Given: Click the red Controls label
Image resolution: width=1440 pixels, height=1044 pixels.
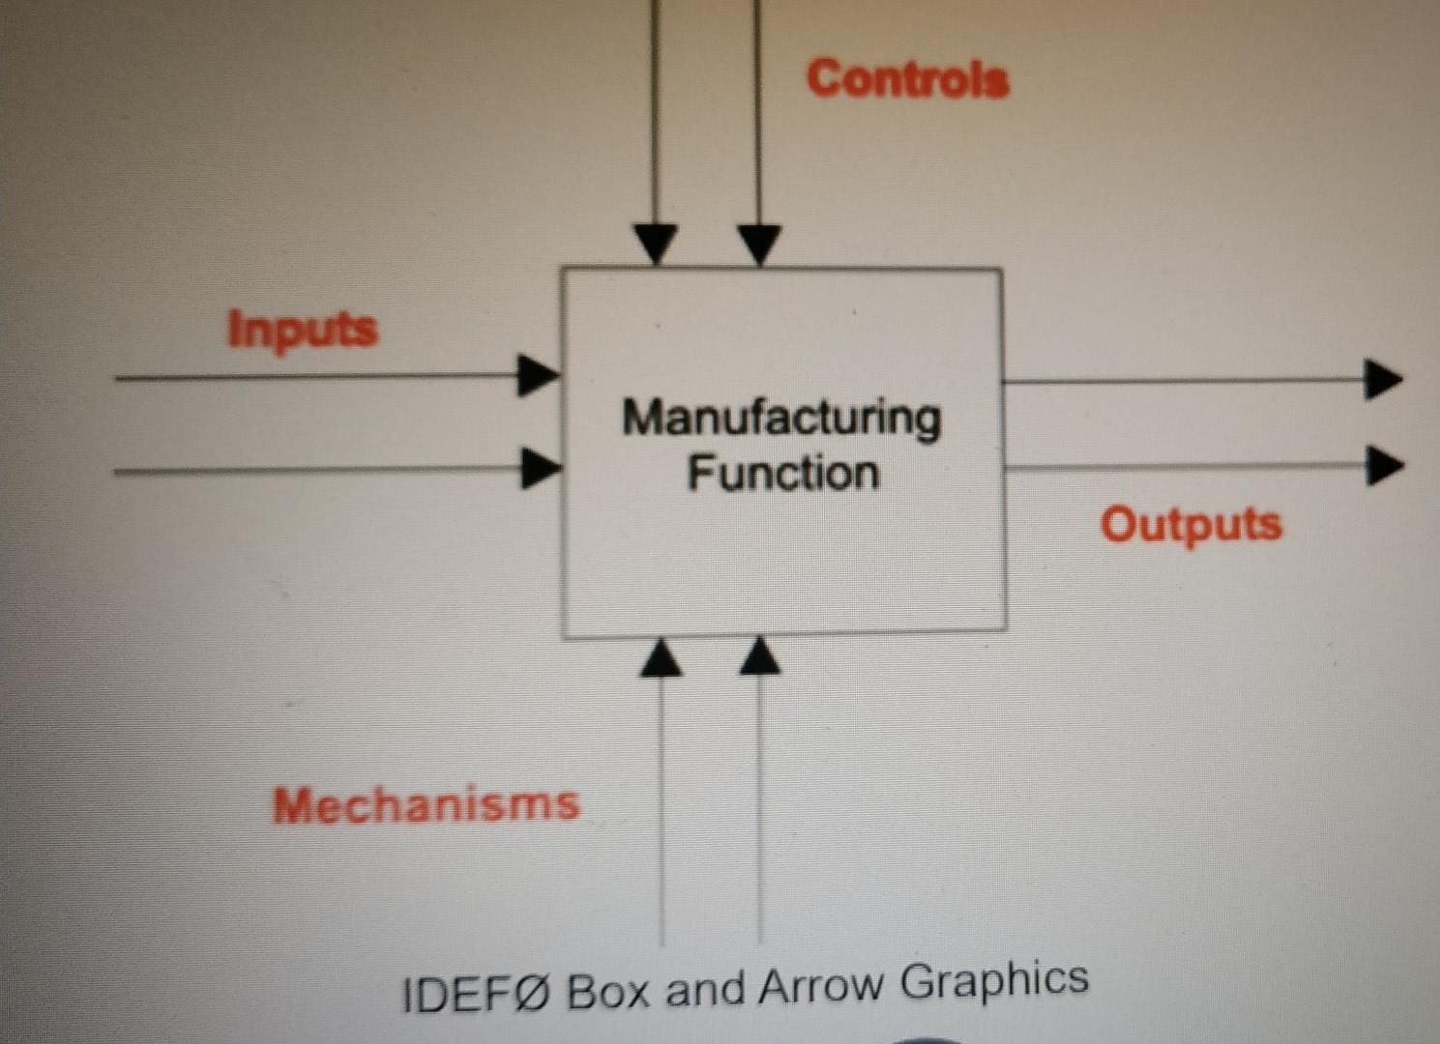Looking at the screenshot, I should click(x=907, y=77).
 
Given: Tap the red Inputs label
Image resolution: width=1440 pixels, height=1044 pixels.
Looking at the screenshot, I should click(x=302, y=330).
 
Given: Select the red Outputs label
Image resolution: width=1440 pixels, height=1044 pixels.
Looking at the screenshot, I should click(x=1190, y=525).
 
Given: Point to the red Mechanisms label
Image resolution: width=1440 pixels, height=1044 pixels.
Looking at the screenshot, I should click(x=426, y=804).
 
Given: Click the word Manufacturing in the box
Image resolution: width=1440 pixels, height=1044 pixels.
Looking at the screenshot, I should click(x=781, y=419).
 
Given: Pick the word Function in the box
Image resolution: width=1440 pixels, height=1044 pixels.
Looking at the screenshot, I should click(x=783, y=474).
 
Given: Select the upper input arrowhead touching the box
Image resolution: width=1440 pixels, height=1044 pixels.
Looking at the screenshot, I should click(x=538, y=376).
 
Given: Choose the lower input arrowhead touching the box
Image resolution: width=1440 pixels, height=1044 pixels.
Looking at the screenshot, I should click(x=540, y=469).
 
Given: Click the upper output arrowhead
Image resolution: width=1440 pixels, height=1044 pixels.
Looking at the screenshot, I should click(x=1382, y=379).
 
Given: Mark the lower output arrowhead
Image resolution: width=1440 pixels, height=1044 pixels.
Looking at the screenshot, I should click(x=1384, y=466).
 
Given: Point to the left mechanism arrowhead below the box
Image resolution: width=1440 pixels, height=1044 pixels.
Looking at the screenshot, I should click(x=661, y=657).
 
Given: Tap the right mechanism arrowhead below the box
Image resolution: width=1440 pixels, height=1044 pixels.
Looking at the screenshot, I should click(x=760, y=655).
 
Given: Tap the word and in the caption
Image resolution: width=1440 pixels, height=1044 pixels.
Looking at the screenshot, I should click(x=705, y=989).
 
